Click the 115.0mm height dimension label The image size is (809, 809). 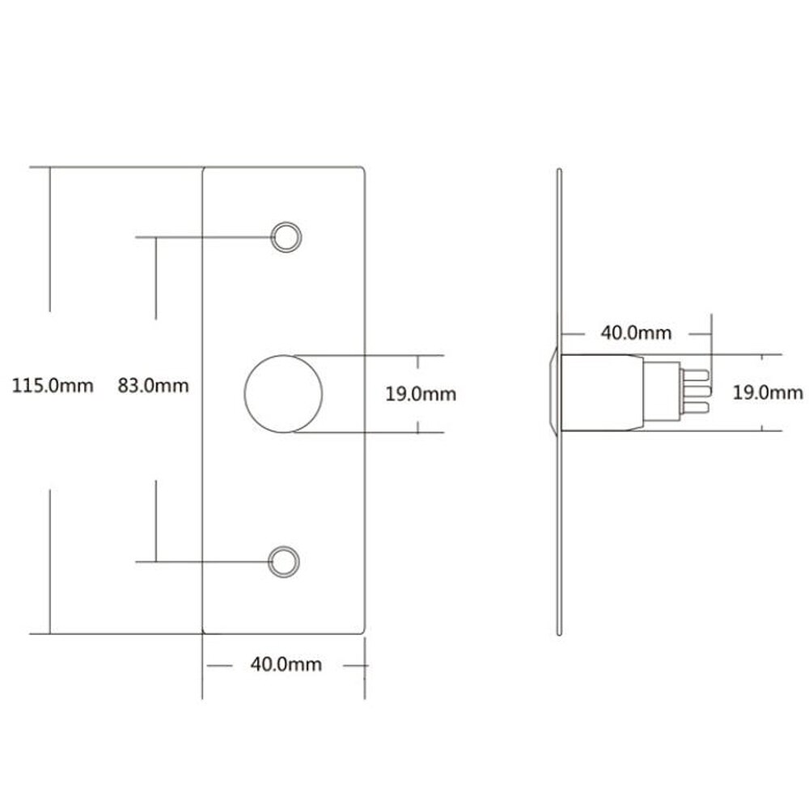tap(53, 385)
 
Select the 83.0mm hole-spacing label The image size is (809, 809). tap(153, 385)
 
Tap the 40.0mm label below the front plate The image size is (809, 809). tap(286, 665)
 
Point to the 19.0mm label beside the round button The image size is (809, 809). tap(420, 394)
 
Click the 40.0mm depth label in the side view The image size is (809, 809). tap(635, 332)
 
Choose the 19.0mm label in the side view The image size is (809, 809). tap(767, 393)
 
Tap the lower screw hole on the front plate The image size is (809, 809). tap(283, 561)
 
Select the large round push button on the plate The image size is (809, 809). tap(283, 393)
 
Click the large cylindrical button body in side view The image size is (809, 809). tap(603, 392)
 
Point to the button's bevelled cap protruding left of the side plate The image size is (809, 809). tap(551, 392)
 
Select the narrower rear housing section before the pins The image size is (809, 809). tap(663, 392)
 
